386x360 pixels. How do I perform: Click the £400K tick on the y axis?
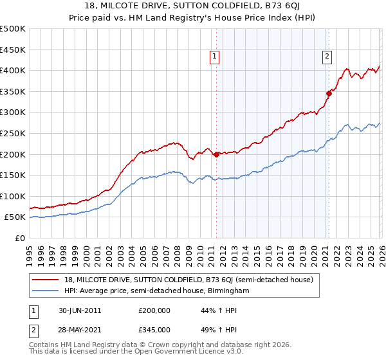pos(13,70)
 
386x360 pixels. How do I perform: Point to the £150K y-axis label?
pos(13,175)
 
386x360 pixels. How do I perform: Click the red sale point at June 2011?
pos(216,154)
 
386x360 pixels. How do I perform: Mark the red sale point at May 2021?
pos(329,93)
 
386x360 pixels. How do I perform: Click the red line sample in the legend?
pos(46,280)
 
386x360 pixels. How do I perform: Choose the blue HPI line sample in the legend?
pos(46,291)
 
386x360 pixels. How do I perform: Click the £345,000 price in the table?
pos(154,329)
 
